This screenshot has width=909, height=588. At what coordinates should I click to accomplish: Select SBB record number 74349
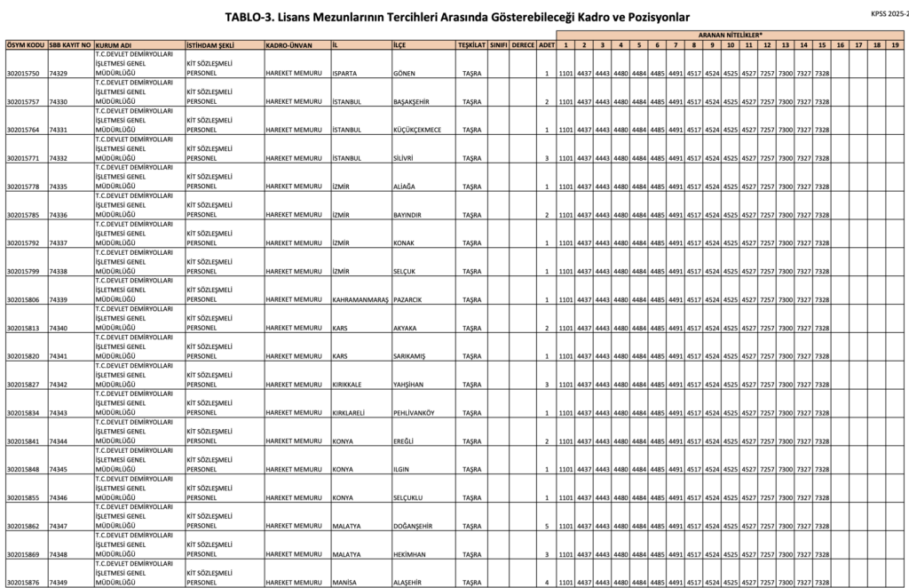pos(59,583)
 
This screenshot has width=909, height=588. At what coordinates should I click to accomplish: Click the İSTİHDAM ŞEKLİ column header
pos(209,44)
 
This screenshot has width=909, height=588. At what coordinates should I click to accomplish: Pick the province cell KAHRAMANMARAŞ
pos(360,300)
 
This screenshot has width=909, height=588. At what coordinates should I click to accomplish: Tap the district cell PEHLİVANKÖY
pos(415,413)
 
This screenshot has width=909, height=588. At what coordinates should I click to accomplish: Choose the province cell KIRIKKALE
pos(350,385)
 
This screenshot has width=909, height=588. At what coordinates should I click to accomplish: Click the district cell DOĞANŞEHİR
pos(413,527)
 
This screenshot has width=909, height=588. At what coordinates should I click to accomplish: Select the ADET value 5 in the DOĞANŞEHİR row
pos(547,527)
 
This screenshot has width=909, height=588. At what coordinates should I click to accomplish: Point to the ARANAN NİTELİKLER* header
pos(731,35)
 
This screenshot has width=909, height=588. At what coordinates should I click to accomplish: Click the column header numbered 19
pos(895,44)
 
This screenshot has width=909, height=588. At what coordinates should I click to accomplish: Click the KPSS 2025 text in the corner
pos(889,14)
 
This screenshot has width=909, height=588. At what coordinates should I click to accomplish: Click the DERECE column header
pos(524,44)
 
